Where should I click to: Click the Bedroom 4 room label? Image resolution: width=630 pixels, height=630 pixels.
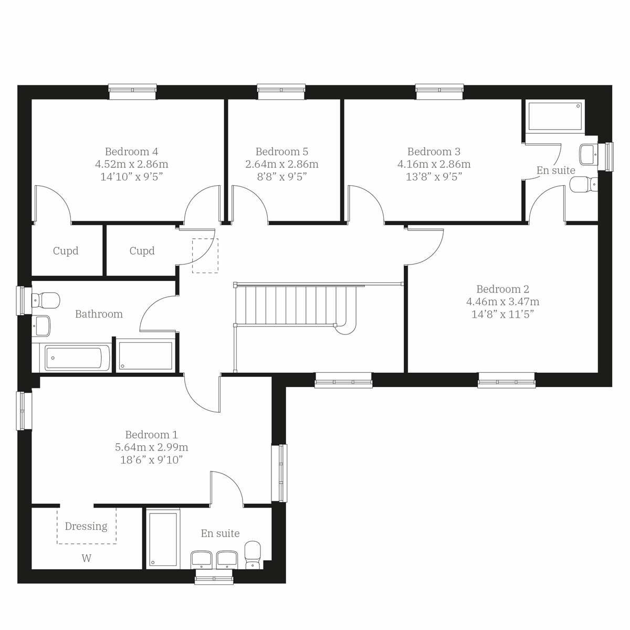(x=131, y=152)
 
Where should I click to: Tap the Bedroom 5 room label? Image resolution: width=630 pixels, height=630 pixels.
(x=282, y=152)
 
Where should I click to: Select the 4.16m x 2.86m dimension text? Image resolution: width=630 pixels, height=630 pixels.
(x=434, y=164)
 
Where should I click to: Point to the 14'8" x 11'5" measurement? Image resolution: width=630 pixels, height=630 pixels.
(x=502, y=314)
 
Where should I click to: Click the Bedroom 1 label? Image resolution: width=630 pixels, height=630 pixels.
(x=151, y=435)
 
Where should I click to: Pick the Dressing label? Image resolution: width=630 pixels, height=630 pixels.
(x=86, y=526)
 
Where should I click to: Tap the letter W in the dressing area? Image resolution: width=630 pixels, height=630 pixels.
(x=86, y=559)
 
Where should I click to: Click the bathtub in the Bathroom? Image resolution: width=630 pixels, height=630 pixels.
(x=77, y=359)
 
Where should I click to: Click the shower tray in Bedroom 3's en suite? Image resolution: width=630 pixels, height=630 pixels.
(x=555, y=117)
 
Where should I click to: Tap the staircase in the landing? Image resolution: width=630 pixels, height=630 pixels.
(x=294, y=305)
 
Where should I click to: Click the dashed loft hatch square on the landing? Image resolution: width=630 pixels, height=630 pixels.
(x=205, y=256)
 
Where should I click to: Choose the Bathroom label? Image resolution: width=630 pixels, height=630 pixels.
(x=99, y=314)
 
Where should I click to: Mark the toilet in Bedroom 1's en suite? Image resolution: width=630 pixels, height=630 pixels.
(x=253, y=554)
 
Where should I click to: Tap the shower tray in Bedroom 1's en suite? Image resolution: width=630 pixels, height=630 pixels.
(x=163, y=539)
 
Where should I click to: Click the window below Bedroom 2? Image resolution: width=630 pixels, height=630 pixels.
(x=507, y=380)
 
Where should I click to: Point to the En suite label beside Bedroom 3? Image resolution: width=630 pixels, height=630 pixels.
(x=555, y=170)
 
